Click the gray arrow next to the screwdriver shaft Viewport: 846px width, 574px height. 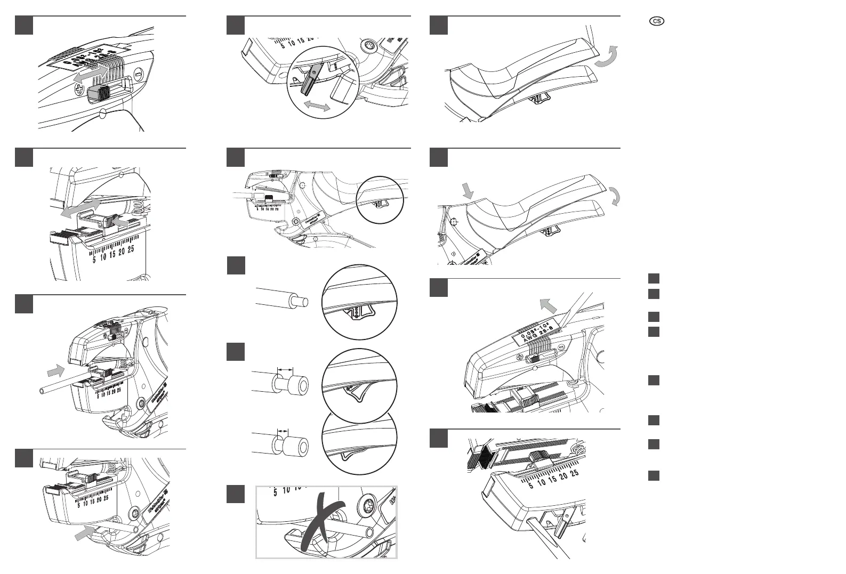(x=547, y=306)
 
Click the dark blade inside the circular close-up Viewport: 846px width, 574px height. (x=310, y=79)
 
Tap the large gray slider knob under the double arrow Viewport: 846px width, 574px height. (x=98, y=94)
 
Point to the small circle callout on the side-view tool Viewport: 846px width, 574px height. (x=378, y=199)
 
